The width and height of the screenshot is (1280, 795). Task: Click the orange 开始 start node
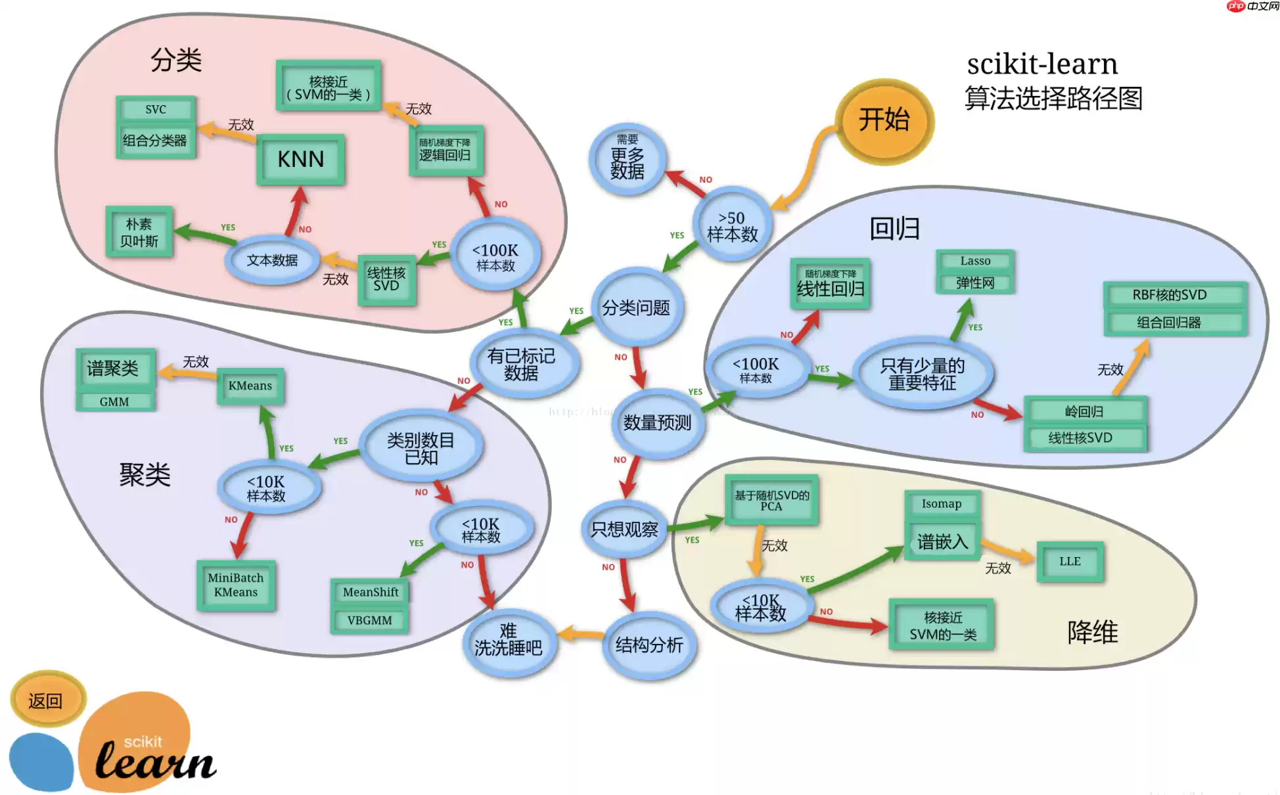pyautogui.click(x=884, y=121)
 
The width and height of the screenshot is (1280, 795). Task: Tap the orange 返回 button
pyautogui.click(x=46, y=700)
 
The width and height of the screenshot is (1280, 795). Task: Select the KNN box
pyautogui.click(x=301, y=159)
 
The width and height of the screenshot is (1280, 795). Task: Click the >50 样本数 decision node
pyautogui.click(x=732, y=225)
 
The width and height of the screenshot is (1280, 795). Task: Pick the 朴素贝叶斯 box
pyautogui.click(x=139, y=232)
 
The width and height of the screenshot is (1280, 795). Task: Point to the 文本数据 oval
pyautogui.click(x=272, y=260)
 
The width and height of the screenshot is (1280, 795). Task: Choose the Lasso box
pyautogui.click(x=975, y=261)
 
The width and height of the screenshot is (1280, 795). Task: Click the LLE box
pyautogui.click(x=1070, y=561)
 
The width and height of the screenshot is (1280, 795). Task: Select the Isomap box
pyautogui.click(x=942, y=504)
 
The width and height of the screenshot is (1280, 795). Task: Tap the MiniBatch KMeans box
pyautogui.click(x=236, y=585)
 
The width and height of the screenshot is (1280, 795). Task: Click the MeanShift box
pyautogui.click(x=371, y=592)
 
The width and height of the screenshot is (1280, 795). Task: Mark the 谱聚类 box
pyautogui.click(x=114, y=368)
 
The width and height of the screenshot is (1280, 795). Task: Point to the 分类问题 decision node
pyautogui.click(x=636, y=307)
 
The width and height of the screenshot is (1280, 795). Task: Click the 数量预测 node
pyautogui.click(x=657, y=422)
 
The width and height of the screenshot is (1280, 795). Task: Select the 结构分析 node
pyautogui.click(x=649, y=645)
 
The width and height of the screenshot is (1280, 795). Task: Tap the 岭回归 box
pyautogui.click(x=1085, y=411)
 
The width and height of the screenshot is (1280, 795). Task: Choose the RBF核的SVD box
pyautogui.click(x=1170, y=295)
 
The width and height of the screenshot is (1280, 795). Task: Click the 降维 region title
pyautogui.click(x=1092, y=632)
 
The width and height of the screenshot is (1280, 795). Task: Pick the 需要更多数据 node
pyautogui.click(x=628, y=160)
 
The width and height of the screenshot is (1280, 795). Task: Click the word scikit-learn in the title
pyautogui.click(x=1042, y=64)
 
